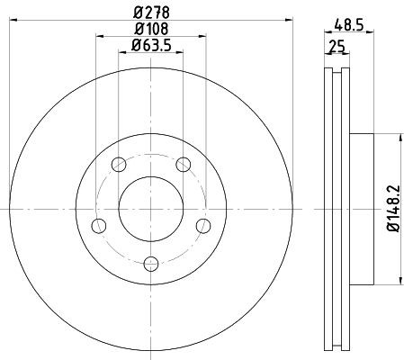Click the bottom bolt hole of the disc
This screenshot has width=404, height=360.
point(151,263)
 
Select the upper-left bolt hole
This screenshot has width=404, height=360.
point(119,165)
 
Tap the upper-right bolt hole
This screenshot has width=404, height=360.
point(183,164)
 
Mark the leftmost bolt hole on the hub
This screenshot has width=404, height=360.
point(99,224)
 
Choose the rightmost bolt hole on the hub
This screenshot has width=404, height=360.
point(203,224)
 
